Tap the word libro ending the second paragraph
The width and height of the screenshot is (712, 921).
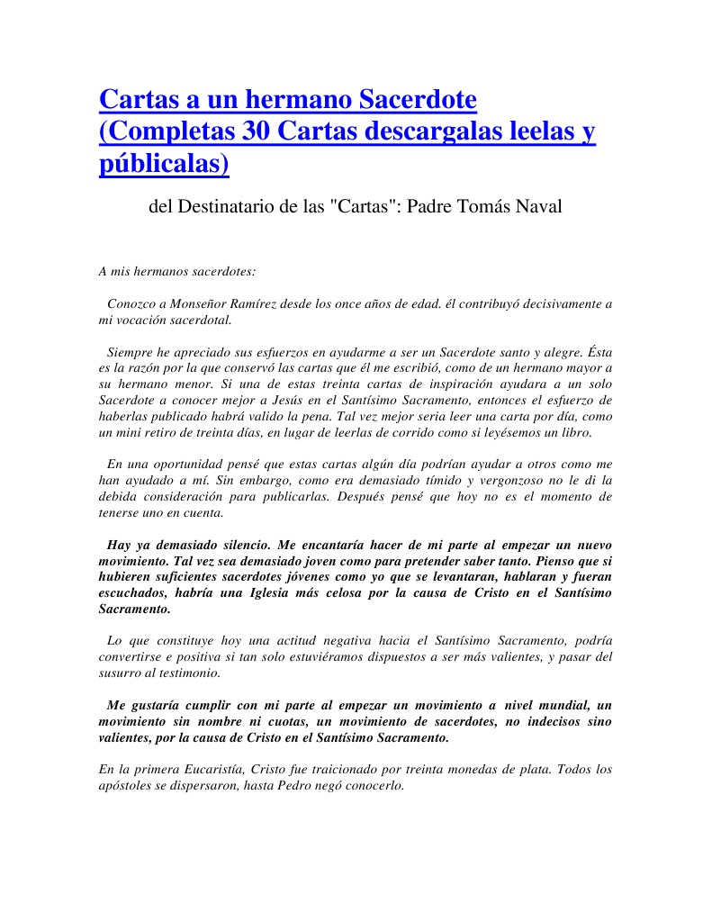pyautogui.click(x=573, y=432)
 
